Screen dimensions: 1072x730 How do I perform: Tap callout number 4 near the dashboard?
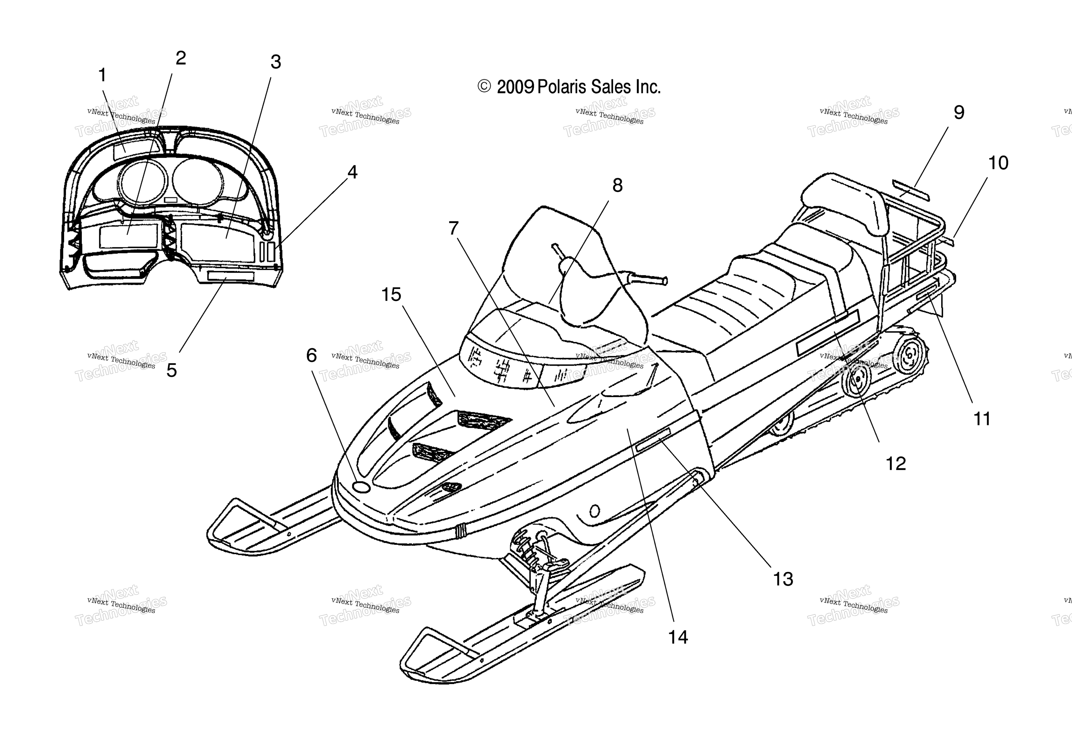click(x=352, y=172)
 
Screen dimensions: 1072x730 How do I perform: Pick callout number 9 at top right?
click(x=959, y=113)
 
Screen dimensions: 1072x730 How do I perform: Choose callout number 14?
click(x=678, y=637)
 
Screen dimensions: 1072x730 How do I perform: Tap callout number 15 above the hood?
click(x=391, y=295)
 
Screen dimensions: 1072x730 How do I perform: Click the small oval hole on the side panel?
click(x=595, y=511)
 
